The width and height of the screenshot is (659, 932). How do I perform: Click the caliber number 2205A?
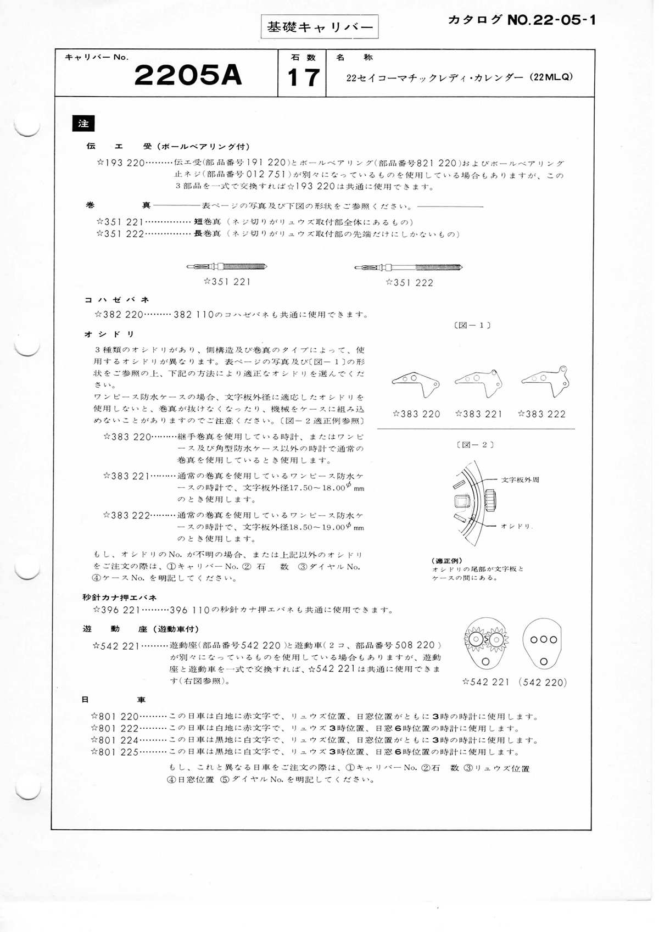click(x=188, y=76)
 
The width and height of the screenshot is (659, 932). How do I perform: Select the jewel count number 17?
click(x=303, y=77)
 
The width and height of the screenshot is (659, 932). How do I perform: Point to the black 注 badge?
click(x=83, y=124)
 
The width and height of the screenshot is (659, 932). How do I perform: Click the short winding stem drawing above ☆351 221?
click(x=227, y=267)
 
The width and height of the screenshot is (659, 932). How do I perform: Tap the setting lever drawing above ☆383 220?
click(x=416, y=383)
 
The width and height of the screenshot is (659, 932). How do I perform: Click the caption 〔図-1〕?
click(x=473, y=325)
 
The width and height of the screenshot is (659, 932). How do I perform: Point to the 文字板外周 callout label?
click(x=520, y=479)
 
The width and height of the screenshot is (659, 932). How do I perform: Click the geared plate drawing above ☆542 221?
click(x=487, y=643)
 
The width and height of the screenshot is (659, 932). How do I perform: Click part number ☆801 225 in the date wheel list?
click(x=115, y=752)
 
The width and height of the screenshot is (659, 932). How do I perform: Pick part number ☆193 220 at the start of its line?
click(x=120, y=163)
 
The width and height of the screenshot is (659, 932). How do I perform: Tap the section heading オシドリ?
click(x=109, y=334)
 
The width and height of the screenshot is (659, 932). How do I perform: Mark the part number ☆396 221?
click(x=117, y=610)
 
